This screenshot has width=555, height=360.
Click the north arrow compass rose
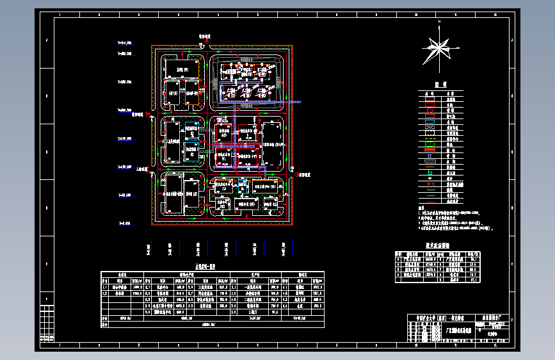pos(438,49)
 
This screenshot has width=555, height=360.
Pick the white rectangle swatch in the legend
pos(430,94)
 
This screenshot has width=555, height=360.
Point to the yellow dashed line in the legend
pos(430,138)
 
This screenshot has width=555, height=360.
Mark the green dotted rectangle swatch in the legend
pos(430,145)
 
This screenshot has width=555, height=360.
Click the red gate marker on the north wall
pos(206,45)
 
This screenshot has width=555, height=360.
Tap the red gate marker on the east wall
pos(293,174)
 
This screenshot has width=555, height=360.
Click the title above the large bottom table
pos(205,266)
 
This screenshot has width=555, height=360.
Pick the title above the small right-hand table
pos(438,245)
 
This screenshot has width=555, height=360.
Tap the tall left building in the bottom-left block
pos(173,195)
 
